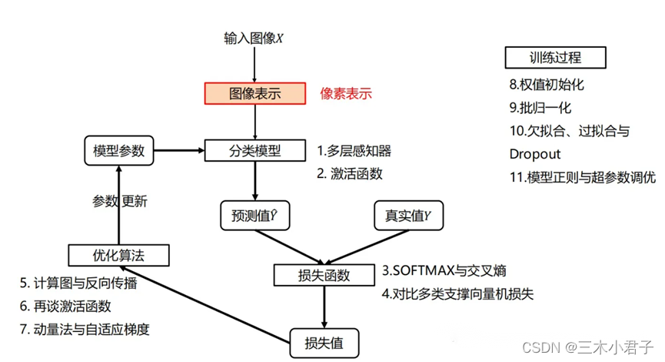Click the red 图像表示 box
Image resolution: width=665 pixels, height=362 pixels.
(x=255, y=94)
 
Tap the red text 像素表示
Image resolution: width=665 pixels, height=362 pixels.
(x=346, y=94)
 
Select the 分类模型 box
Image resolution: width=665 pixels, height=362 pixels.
(x=255, y=150)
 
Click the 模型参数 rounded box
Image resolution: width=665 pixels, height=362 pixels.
(x=118, y=150)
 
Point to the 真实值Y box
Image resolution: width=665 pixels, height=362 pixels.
(x=408, y=215)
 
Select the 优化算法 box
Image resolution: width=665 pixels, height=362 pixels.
(x=118, y=254)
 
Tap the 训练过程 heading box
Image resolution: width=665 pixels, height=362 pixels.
(x=556, y=58)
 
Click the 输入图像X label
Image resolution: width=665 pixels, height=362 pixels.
(x=254, y=38)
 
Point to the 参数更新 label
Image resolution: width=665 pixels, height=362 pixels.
(x=120, y=202)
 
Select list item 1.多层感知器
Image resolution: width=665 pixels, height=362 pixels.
(x=354, y=150)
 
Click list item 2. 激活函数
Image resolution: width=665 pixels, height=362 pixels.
(x=350, y=173)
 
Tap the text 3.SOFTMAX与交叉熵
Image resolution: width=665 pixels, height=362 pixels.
(x=444, y=271)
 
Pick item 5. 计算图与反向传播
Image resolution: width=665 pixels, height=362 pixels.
(x=78, y=283)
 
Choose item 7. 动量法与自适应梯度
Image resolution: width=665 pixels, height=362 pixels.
(x=85, y=330)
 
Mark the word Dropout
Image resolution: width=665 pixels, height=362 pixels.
(x=535, y=154)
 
